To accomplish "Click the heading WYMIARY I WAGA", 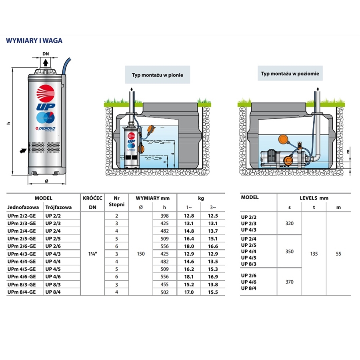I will (34, 40).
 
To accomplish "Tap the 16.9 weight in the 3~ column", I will (213, 276).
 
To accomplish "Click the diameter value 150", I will (140, 254).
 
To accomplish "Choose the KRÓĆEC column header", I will (92, 198).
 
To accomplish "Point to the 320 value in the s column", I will (290, 223).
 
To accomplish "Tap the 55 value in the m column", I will (339, 254).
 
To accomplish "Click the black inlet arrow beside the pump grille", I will (22, 150).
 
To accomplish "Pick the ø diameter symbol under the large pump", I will (46, 180).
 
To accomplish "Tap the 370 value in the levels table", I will (290, 282).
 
